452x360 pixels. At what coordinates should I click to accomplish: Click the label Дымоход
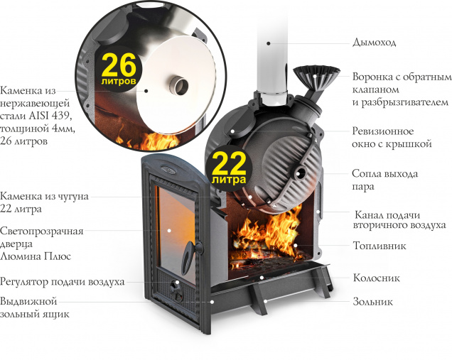[374, 43]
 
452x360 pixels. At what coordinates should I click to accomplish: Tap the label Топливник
[380, 246]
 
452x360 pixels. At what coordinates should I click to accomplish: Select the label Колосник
[377, 278]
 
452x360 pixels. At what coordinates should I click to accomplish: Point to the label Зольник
[372, 302]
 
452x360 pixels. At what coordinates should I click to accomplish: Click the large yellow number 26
[119, 65]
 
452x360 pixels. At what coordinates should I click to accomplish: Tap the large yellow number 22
[229, 163]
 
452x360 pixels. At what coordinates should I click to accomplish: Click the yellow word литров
[119, 81]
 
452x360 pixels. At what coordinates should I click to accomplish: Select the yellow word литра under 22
[229, 180]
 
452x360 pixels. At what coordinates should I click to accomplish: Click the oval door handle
[189, 256]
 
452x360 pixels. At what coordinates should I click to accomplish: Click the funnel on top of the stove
[316, 76]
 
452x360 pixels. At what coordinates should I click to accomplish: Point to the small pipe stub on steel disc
[178, 85]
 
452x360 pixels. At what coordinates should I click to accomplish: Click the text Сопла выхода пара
[384, 180]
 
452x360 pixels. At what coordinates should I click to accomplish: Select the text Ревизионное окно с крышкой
[392, 137]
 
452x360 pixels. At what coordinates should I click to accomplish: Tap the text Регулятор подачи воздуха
[63, 282]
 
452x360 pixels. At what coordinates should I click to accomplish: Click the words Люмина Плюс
[36, 256]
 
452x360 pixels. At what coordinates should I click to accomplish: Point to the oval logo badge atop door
[168, 170]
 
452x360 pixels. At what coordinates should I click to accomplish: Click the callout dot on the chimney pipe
[269, 43]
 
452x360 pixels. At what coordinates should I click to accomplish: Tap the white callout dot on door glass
[169, 230]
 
